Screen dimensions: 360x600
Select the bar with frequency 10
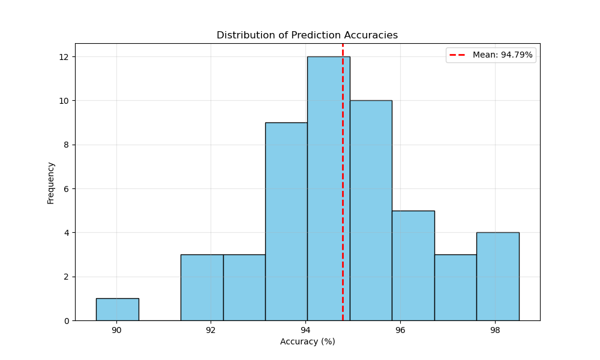click(371, 210)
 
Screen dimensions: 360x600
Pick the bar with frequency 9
click(286, 221)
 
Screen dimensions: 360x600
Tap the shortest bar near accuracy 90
click(117, 310)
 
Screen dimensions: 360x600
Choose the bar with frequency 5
click(413, 265)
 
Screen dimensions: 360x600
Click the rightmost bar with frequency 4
click(497, 276)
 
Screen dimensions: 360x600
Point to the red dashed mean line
click(343, 180)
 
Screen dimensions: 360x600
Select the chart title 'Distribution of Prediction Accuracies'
click(307, 35)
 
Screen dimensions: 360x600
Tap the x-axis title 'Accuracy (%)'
click(307, 341)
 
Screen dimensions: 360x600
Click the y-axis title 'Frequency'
click(51, 182)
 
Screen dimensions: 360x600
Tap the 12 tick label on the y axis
click(64, 57)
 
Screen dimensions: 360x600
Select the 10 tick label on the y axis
click(64, 101)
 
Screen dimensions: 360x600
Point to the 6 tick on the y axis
click(66, 189)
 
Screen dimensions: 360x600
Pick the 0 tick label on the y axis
click(66, 321)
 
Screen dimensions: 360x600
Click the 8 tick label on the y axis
click(66, 145)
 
